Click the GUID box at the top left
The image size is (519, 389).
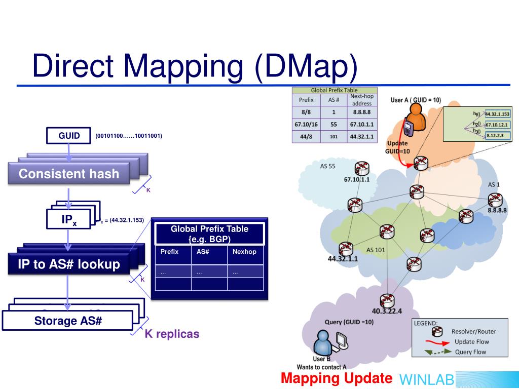click(68, 136)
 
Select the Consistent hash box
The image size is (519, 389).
click(68, 174)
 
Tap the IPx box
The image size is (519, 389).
click(68, 220)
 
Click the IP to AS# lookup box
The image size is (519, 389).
click(68, 264)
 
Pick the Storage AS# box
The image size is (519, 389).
click(68, 321)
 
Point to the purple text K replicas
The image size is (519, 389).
click(172, 334)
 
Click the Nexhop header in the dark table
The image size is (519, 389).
click(244, 252)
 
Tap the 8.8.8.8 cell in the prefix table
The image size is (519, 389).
click(362, 112)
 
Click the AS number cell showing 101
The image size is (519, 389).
click(333, 136)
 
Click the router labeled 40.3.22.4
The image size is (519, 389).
click(387, 301)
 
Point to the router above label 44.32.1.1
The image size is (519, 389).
click(346, 248)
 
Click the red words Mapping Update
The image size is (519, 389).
click(336, 378)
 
